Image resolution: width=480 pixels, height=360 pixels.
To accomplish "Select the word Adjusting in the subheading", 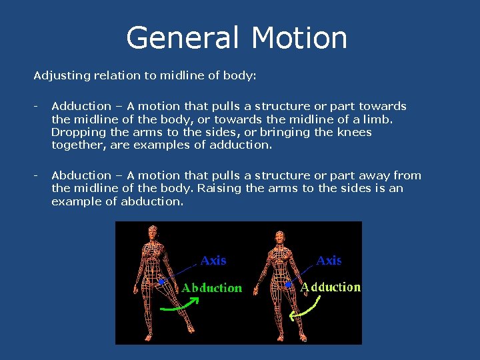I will coord(62,75).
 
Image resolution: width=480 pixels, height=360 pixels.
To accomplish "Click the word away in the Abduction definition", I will coord(373,175).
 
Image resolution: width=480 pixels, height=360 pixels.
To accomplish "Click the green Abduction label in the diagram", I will coord(212,288).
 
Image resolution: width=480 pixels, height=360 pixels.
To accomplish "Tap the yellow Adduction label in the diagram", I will coord(331,287).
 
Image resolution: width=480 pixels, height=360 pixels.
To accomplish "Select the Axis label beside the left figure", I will coord(213,261).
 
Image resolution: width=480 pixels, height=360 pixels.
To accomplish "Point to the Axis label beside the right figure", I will coord(329,261).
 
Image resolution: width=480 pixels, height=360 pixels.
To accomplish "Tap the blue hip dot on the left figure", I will coord(161,282).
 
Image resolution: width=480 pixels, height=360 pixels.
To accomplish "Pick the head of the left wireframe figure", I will coord(153,233).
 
